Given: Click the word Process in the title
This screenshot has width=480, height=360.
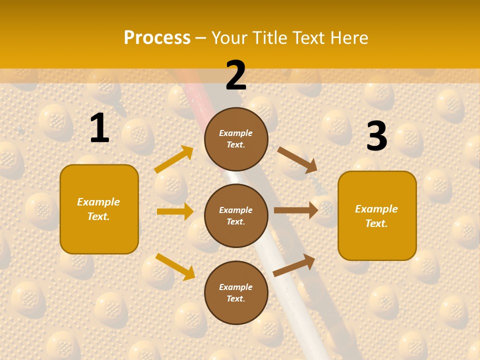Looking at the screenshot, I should (x=157, y=37).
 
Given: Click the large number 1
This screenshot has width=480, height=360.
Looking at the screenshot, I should (x=99, y=128).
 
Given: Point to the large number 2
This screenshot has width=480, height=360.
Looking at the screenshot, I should (x=236, y=75).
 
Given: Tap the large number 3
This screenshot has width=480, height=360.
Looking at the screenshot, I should (x=376, y=136).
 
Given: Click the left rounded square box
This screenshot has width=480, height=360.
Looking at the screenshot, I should (x=99, y=209).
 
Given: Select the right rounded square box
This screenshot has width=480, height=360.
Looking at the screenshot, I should (x=377, y=216).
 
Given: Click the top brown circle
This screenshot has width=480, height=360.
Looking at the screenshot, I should (x=236, y=139).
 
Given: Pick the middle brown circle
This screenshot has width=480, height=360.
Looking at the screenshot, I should (x=236, y=215).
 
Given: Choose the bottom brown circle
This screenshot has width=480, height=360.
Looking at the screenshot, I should (x=236, y=292).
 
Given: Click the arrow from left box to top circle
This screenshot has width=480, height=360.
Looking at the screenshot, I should (x=174, y=159).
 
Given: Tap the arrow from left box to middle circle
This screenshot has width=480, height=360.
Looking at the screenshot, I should (x=175, y=211).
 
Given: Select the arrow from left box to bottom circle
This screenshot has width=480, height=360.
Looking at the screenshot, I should (x=175, y=266).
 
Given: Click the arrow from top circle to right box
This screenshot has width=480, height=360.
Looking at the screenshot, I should (x=297, y=159).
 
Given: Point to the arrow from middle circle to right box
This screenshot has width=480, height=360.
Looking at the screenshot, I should (x=296, y=210).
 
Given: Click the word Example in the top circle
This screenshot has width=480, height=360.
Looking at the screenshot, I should (x=236, y=133).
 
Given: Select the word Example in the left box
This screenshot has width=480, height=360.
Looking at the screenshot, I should (x=98, y=202).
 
